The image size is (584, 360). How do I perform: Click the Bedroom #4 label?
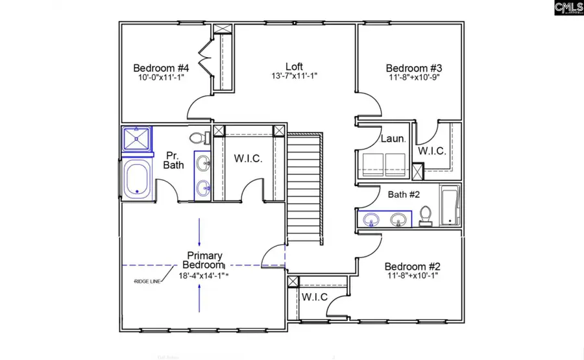pos(161,68)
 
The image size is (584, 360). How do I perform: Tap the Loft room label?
pos(294,66)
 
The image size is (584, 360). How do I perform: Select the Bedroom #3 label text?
pos(413,68)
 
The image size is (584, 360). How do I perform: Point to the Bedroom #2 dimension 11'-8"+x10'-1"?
pos(413,276)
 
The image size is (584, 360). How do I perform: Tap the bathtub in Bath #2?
pos(449,206)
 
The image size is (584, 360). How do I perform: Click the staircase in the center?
pos(304,188)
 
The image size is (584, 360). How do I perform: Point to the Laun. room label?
pos(393,138)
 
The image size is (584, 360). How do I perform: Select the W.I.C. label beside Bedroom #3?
pos(432,151)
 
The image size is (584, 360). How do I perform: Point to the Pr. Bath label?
pos(174,160)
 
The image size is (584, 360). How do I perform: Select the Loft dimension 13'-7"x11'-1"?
pos(293,76)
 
